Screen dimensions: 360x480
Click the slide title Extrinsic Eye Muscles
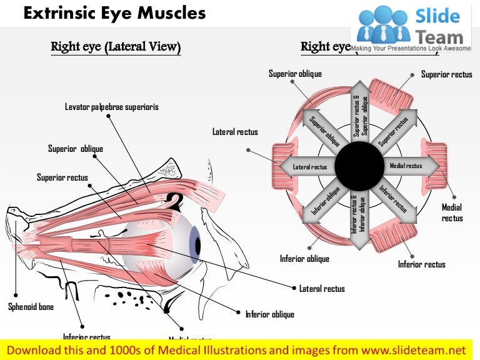(114, 12)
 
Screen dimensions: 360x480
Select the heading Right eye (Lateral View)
(116, 47)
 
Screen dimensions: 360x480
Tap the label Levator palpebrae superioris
(112, 107)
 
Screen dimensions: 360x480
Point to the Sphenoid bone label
(31, 307)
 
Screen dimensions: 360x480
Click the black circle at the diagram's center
(359, 166)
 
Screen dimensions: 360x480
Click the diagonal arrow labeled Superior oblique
(324, 130)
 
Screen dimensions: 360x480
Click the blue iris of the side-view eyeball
(194, 242)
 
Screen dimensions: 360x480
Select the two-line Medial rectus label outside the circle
(452, 212)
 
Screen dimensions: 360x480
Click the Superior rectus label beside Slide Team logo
(446, 74)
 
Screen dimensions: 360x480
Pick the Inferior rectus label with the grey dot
(422, 264)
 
